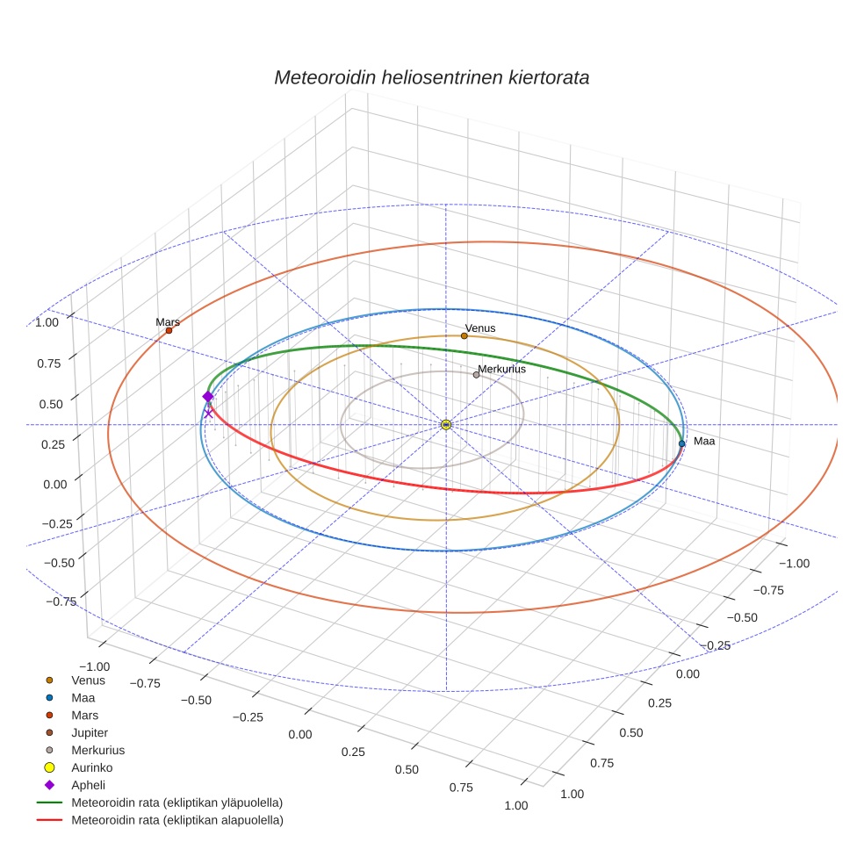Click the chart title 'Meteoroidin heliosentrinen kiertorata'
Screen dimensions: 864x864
point(431,77)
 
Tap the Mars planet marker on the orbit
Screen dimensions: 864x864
point(169,330)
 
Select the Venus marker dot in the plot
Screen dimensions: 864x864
point(464,335)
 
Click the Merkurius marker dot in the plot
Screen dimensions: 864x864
point(477,375)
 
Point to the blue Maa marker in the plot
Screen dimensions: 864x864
point(681,443)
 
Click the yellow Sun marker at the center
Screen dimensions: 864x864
point(446,425)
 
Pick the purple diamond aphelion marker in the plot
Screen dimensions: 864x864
point(208,397)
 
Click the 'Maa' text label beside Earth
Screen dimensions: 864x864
point(703,441)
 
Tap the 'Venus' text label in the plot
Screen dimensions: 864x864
point(480,328)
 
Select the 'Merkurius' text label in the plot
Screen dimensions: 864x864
point(501,369)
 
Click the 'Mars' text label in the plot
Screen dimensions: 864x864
point(168,322)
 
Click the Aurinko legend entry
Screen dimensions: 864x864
point(91,767)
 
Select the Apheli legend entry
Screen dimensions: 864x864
point(88,785)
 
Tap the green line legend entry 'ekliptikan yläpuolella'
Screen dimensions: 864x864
point(176,803)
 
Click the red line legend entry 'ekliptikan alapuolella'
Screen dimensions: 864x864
point(176,820)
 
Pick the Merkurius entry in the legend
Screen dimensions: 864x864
point(97,750)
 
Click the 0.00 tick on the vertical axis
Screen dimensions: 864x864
point(54,484)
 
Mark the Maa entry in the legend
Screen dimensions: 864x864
point(83,697)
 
